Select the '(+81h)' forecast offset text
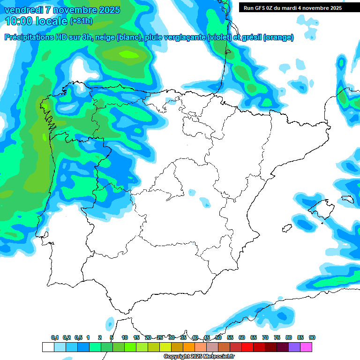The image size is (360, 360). pos(81,21)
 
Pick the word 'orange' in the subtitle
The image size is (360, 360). pos(278,37)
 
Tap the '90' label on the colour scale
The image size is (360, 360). pos(312,337)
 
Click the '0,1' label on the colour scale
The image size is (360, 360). pos(55,337)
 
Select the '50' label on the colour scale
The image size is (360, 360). pos(218,337)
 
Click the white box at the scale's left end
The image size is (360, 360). pos(48,347)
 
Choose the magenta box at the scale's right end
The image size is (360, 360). pos(318,347)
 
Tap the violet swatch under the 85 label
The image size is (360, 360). pos(294,347)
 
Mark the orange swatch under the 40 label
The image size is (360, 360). pos(189,347)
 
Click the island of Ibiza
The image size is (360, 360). pos(286,228)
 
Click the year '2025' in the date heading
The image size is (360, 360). pos(106,10)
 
